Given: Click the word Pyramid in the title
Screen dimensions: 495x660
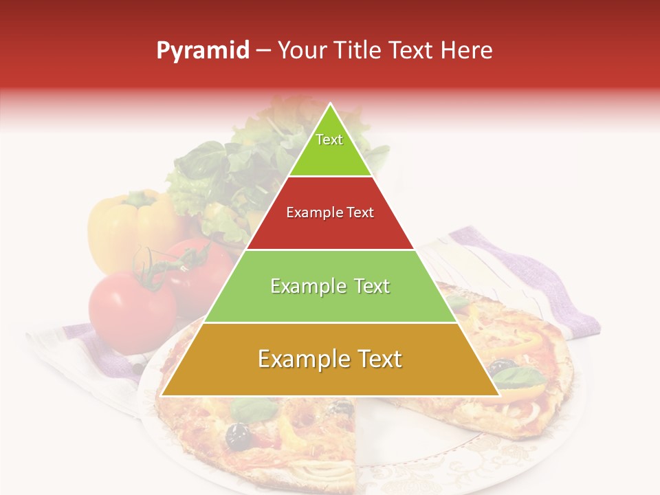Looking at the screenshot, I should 202,51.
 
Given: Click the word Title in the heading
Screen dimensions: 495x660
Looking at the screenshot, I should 358,50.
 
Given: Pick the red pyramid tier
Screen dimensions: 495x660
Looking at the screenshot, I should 330,213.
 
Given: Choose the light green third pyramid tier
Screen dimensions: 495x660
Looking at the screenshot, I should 330,286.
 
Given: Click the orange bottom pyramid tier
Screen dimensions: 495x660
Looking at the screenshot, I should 330,360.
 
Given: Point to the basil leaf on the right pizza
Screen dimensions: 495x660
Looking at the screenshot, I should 519,377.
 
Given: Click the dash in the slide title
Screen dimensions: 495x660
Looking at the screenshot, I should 263,51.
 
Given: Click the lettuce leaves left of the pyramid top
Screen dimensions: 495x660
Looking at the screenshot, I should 199,172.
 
